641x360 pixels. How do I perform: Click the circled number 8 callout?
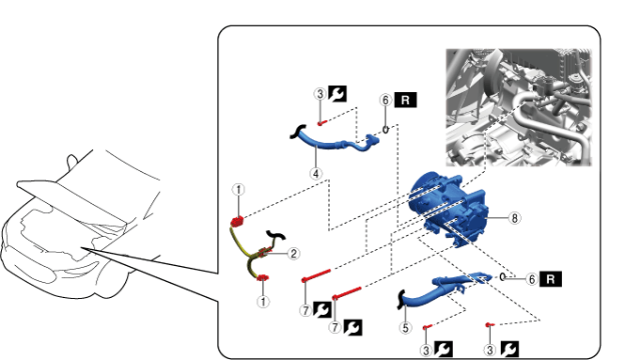click(514, 218)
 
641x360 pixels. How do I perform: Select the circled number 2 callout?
click(293, 254)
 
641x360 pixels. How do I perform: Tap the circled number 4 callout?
click(316, 174)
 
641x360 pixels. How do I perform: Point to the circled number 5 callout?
click(405, 328)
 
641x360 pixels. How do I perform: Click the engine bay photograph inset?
click(519, 107)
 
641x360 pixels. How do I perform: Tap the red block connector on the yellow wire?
click(237, 221)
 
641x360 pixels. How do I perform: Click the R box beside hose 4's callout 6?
click(405, 101)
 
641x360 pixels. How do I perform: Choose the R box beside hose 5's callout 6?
click(550, 279)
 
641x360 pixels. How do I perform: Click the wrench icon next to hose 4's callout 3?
click(337, 94)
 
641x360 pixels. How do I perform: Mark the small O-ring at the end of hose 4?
click(385, 130)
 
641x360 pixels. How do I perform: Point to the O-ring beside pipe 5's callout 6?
click(503, 277)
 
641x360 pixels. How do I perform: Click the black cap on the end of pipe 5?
click(400, 300)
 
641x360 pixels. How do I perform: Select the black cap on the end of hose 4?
click(297, 132)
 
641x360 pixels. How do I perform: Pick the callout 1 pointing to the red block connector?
click(239, 190)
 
